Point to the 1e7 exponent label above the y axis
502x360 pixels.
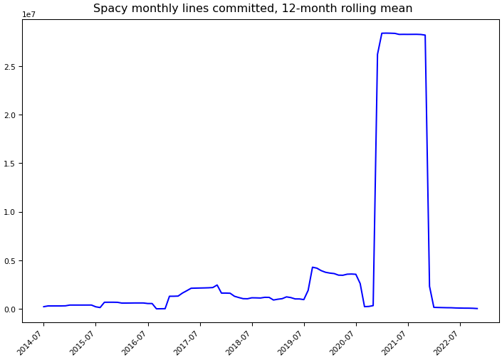click(29, 14)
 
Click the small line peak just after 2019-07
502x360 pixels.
click(313, 267)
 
